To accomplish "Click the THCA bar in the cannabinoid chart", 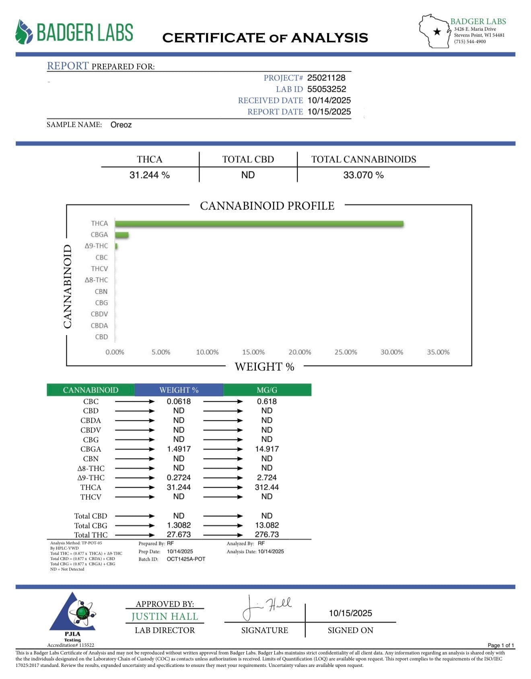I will [x=259, y=224].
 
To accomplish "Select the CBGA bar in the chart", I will [x=121, y=235].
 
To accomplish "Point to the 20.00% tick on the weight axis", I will [x=300, y=352].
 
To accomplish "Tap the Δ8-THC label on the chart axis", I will [x=96, y=280].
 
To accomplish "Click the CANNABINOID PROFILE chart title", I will [x=267, y=206].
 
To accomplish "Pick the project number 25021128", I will [x=326, y=78].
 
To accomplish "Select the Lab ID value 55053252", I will [x=327, y=89].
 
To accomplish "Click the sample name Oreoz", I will [x=121, y=125].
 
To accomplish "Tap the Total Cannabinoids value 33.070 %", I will [x=363, y=175].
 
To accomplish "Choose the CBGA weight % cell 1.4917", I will [x=179, y=449].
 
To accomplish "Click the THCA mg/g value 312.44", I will [x=267, y=487].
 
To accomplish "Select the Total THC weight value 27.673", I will [x=179, y=535].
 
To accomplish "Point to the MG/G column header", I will [x=267, y=390].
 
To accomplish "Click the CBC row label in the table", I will [x=91, y=402].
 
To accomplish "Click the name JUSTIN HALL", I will [x=165, y=617].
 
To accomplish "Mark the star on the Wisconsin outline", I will [x=437, y=32].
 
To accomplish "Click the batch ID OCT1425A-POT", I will [x=186, y=559].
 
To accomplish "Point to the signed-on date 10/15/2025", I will [x=350, y=613].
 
